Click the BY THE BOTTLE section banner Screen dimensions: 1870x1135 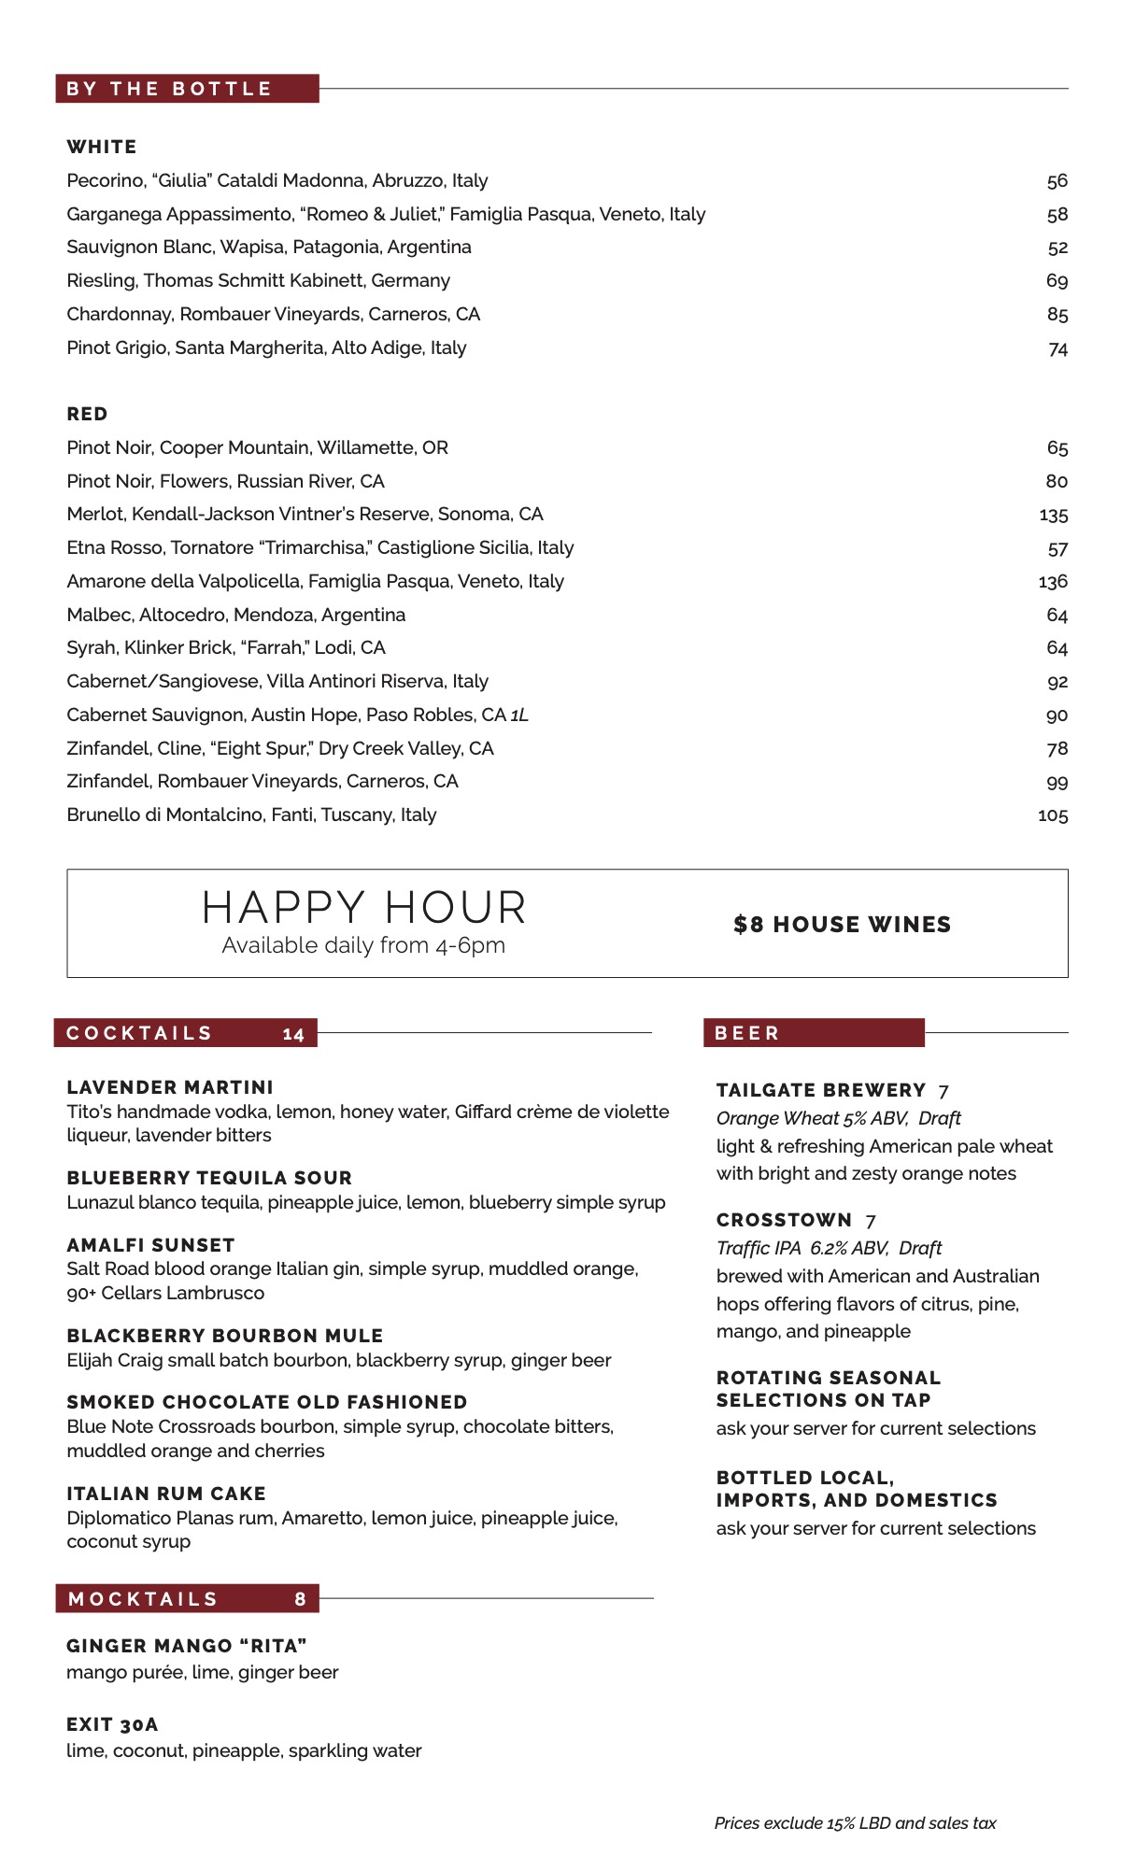click(187, 89)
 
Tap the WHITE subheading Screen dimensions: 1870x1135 click(102, 147)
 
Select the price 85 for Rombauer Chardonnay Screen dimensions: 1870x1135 click(1057, 315)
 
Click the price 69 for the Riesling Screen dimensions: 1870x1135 click(1057, 281)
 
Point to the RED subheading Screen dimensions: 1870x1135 click(87, 414)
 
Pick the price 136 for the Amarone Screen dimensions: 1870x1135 click(1053, 582)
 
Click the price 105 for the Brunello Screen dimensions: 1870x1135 click(1053, 815)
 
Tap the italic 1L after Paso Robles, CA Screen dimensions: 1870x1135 click(519, 715)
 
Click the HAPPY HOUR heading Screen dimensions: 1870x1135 click(364, 908)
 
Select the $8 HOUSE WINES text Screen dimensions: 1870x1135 click(842, 925)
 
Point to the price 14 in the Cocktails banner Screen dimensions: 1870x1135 click(293, 1034)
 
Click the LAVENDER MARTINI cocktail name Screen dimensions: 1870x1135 click(170, 1087)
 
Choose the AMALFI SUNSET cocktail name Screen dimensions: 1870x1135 click(150, 1245)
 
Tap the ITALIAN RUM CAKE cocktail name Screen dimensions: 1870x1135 click(166, 1494)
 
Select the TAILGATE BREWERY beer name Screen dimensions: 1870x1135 click(821, 1090)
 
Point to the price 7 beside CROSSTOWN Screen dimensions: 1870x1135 click(871, 1221)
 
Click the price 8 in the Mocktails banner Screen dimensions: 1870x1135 click(300, 1599)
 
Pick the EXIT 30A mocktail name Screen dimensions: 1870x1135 click(112, 1724)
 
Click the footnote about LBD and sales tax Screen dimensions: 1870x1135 click(855, 1822)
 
